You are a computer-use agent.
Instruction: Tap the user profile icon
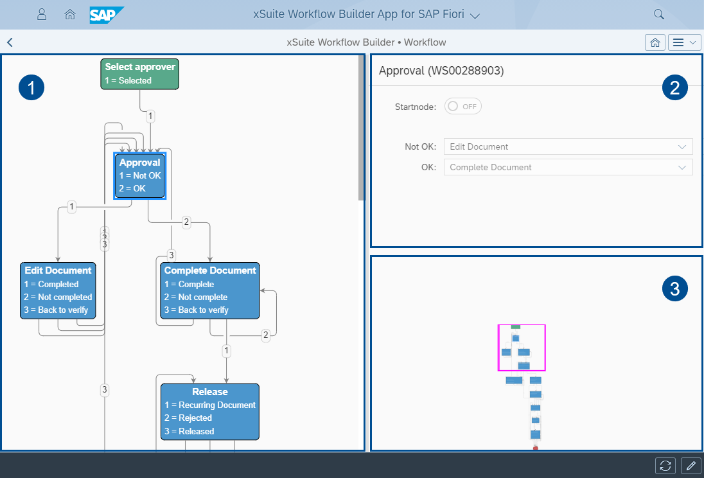click(42, 15)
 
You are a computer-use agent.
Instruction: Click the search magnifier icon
click(658, 14)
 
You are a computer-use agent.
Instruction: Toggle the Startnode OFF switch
click(463, 107)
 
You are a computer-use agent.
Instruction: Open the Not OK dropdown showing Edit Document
click(568, 146)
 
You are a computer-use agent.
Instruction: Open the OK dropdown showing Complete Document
click(568, 167)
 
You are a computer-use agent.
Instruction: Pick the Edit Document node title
click(58, 270)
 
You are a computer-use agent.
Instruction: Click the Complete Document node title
click(210, 270)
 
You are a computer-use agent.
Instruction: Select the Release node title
click(210, 391)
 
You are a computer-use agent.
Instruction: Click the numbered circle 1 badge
click(31, 87)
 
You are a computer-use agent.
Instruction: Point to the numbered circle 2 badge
click(674, 88)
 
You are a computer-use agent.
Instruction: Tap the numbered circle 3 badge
click(674, 289)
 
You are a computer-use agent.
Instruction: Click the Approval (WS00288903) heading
click(441, 71)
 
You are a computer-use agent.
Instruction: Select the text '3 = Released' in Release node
click(189, 431)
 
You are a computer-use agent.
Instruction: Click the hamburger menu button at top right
click(684, 42)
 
